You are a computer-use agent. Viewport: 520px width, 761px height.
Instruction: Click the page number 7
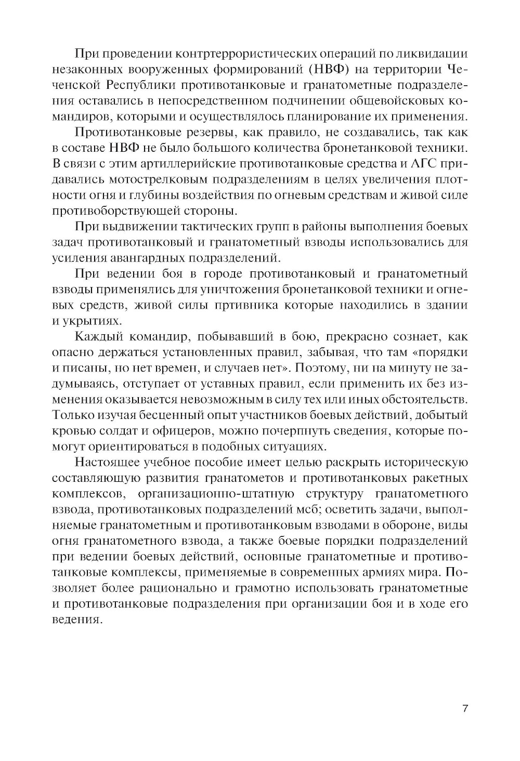coord(465,709)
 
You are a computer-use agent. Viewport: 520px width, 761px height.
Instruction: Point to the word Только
coord(74,415)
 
